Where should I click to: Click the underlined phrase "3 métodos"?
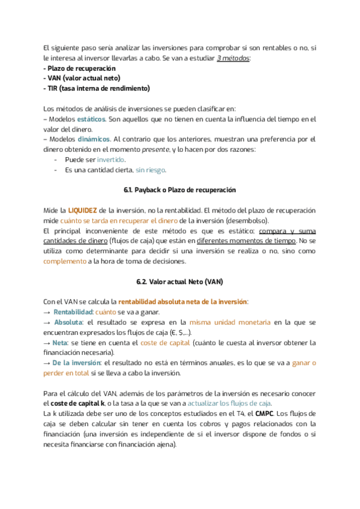[233, 58]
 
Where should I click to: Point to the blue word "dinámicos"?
[94, 139]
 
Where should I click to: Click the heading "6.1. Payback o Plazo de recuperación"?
[179, 190]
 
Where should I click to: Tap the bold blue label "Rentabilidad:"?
[73, 312]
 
